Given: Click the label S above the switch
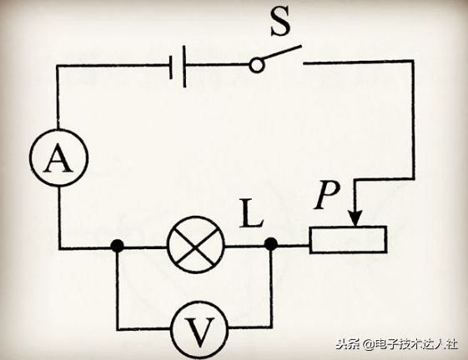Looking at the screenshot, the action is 280,21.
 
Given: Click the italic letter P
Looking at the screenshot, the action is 327,195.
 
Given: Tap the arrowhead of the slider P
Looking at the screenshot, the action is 355,218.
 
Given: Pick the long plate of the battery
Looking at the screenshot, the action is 184,66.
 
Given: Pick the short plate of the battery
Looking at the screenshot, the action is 171,67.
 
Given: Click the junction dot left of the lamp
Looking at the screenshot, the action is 117,246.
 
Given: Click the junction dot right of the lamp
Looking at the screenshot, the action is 271,244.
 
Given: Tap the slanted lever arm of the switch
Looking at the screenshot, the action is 282,52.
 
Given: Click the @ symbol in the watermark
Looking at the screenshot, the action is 369,345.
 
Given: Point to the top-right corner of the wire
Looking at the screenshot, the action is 413,61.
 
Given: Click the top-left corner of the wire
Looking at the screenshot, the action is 58,66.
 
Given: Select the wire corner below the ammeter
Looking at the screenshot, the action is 60,247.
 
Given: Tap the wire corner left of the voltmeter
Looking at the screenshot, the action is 118,329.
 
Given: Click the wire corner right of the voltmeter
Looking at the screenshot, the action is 271,327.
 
